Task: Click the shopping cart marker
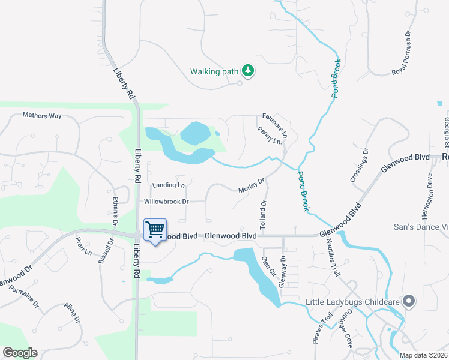click(x=155, y=229)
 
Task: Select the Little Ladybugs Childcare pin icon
click(x=409, y=301)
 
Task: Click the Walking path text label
click(x=214, y=71)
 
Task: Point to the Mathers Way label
click(x=42, y=115)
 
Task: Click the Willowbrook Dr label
click(x=166, y=202)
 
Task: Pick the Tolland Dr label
click(x=262, y=213)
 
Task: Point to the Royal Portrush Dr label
click(x=400, y=53)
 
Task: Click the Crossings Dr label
click(x=359, y=165)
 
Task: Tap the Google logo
click(x=20, y=353)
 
